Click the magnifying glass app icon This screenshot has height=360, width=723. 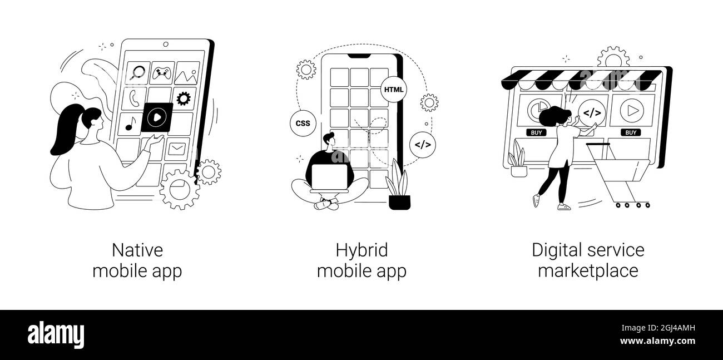pyautogui.click(x=138, y=73)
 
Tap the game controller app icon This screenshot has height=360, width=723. pyautogui.click(x=161, y=73)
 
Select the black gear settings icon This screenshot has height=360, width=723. pyautogui.click(x=184, y=98)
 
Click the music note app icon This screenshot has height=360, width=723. pyautogui.click(x=130, y=124)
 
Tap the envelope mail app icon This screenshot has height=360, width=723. pyautogui.click(x=176, y=149)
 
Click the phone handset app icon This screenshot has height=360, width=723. pyautogui.click(x=134, y=98)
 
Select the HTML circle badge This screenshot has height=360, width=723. pyautogui.click(x=393, y=90)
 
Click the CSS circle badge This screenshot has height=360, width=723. pyautogui.click(x=303, y=123)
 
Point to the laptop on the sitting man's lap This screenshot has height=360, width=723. pyautogui.click(x=330, y=177)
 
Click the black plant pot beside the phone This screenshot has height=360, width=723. pyautogui.click(x=399, y=203)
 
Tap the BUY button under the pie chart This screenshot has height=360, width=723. pyautogui.click(x=537, y=132)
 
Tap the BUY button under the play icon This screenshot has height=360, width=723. pyautogui.click(x=631, y=132)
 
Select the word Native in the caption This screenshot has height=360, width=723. pyautogui.click(x=137, y=250)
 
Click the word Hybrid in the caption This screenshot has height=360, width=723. pyautogui.click(x=361, y=250)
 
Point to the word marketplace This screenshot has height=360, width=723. pyautogui.click(x=588, y=270)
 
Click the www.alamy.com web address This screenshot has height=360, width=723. pyautogui.click(x=657, y=341)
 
